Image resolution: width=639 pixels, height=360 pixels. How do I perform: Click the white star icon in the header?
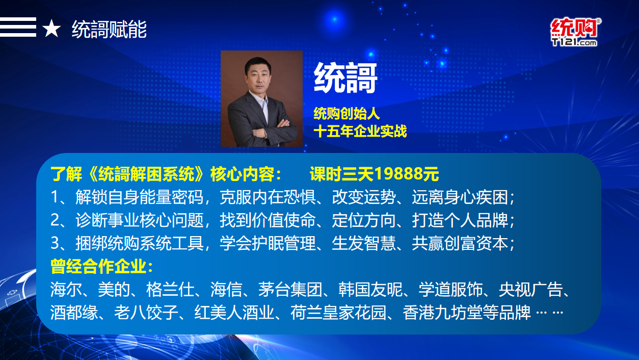pyautogui.click(x=51, y=29)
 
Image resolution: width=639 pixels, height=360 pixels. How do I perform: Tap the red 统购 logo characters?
pyautogui.click(x=574, y=28)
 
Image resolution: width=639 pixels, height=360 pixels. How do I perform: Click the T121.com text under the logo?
pyautogui.click(x=574, y=42)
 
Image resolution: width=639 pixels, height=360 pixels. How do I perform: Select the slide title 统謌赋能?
pyautogui.click(x=109, y=29)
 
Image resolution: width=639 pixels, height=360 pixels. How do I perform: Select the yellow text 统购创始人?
pyautogui.click(x=347, y=114)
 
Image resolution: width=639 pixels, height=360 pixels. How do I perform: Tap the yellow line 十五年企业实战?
pyautogui.click(x=360, y=132)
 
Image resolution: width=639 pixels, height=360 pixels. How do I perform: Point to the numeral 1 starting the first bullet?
pyautogui.click(x=55, y=197)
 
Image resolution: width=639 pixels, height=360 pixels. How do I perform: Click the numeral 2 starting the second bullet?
pyautogui.click(x=55, y=220)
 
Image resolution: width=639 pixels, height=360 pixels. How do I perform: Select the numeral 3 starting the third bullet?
pyautogui.click(x=55, y=243)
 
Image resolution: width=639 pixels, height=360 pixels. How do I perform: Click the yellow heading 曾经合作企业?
pyautogui.click(x=98, y=266)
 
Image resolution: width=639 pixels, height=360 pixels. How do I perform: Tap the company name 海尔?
pyautogui.click(x=66, y=289)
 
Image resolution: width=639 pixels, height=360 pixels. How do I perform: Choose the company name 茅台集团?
pyautogui.click(x=290, y=289)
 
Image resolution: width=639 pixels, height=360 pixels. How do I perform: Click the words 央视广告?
pyautogui.click(x=530, y=289)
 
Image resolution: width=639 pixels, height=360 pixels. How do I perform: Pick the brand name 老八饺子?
pyautogui.click(x=146, y=313)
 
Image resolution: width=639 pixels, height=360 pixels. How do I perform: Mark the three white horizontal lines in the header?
pyautogui.click(x=18, y=27)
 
